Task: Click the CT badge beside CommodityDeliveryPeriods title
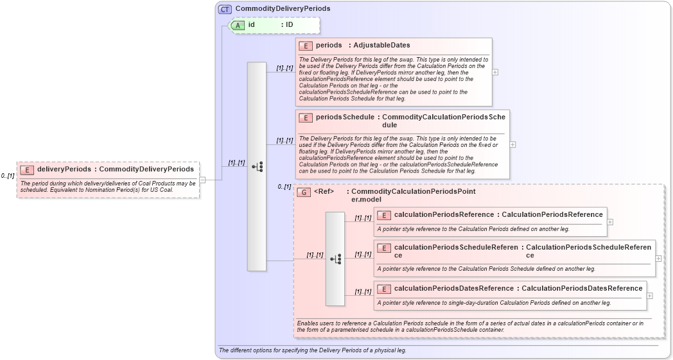coord(225,9)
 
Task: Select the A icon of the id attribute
coord(238,25)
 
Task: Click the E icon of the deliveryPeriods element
coord(27,169)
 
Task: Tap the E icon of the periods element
coord(306,46)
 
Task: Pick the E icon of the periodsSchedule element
coord(306,118)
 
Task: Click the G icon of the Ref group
coord(303,192)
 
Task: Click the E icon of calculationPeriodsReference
coord(384,215)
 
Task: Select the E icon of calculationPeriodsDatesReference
coord(384,289)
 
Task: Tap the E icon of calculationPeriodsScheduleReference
coord(384,248)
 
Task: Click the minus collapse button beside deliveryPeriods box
coord(202,180)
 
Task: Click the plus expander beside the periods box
coord(495,72)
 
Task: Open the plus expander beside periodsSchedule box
coord(512,144)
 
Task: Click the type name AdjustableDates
coord(381,46)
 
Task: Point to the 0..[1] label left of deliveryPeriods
coord(8,176)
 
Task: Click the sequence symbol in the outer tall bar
coord(257,167)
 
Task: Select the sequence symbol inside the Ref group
coord(335,259)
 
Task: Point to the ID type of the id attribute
coord(290,25)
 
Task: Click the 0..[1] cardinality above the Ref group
coord(284,187)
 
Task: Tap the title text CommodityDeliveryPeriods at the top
coord(283,9)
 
